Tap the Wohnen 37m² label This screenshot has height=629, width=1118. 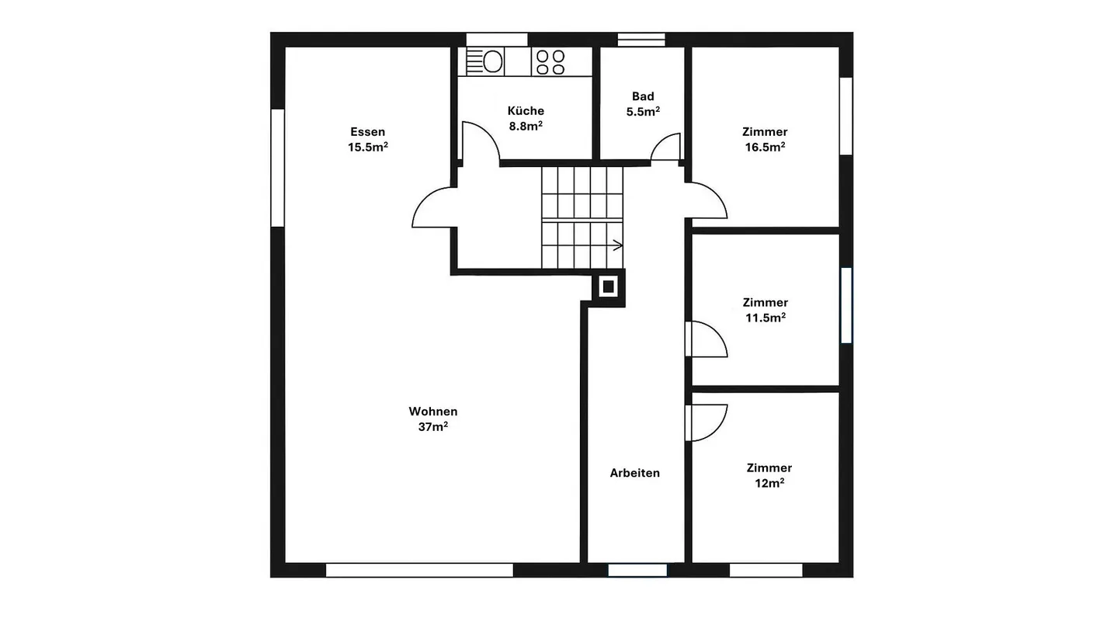coord(432,419)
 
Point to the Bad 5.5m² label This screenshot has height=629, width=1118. coord(643,104)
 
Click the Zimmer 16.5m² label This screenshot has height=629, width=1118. coord(765,139)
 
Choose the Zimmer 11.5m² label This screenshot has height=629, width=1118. coord(766,310)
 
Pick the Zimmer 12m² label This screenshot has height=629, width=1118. coord(769,475)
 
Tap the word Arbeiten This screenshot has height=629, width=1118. coord(634,473)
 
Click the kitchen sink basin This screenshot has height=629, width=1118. coord(492,62)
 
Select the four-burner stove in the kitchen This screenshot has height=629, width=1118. coord(550,62)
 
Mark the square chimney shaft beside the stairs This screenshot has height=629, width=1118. coord(608,287)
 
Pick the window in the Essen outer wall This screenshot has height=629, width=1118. coord(277,168)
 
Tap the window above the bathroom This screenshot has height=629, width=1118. coord(641,40)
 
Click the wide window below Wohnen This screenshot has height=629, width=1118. coord(419,570)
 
